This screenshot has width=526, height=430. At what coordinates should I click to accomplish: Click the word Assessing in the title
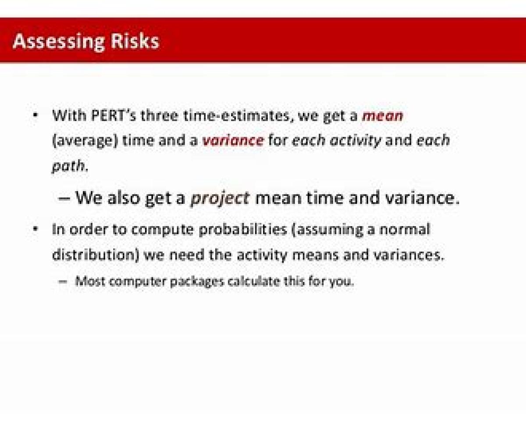(x=58, y=42)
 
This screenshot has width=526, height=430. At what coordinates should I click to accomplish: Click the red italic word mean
(x=382, y=116)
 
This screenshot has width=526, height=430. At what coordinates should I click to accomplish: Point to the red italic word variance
(x=233, y=140)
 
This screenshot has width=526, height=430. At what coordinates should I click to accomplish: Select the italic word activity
(x=355, y=141)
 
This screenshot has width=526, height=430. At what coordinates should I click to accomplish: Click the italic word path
(x=70, y=166)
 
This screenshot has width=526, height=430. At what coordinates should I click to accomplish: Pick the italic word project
(x=220, y=199)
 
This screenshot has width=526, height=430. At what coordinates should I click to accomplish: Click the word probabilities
(x=243, y=230)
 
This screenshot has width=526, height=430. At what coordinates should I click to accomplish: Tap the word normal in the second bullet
(x=405, y=229)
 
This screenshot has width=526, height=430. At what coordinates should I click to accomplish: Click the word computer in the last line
(x=138, y=282)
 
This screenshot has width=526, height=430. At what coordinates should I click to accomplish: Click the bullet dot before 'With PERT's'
(x=36, y=115)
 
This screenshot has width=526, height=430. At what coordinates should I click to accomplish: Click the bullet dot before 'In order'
(x=36, y=228)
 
